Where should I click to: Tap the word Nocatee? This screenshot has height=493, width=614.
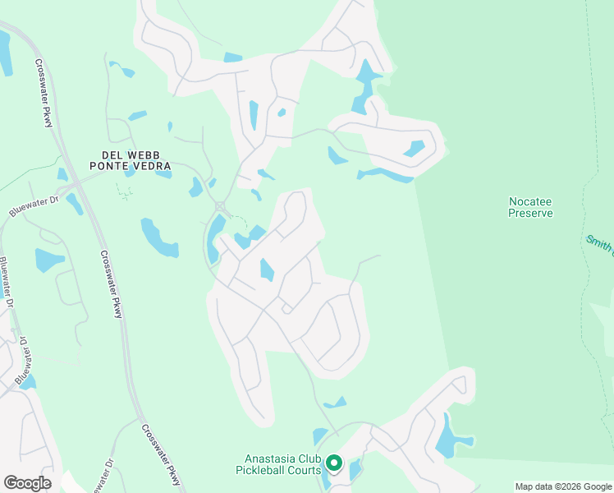(x=530, y=200)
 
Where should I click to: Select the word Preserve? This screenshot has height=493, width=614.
(x=530, y=213)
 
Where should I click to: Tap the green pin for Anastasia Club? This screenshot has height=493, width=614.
(x=333, y=463)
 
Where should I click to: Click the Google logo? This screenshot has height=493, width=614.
(x=27, y=483)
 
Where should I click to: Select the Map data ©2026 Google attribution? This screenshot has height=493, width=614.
(x=562, y=486)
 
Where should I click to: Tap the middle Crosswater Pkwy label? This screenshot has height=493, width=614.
(x=112, y=284)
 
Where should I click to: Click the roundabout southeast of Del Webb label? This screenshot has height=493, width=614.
(x=220, y=205)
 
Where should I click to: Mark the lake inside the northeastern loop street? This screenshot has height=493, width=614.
(x=415, y=149)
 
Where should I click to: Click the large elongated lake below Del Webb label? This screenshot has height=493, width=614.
(x=158, y=237)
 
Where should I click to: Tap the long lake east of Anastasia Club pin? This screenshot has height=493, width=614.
(x=447, y=436)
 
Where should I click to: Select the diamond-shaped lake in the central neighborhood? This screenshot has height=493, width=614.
(x=267, y=270)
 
